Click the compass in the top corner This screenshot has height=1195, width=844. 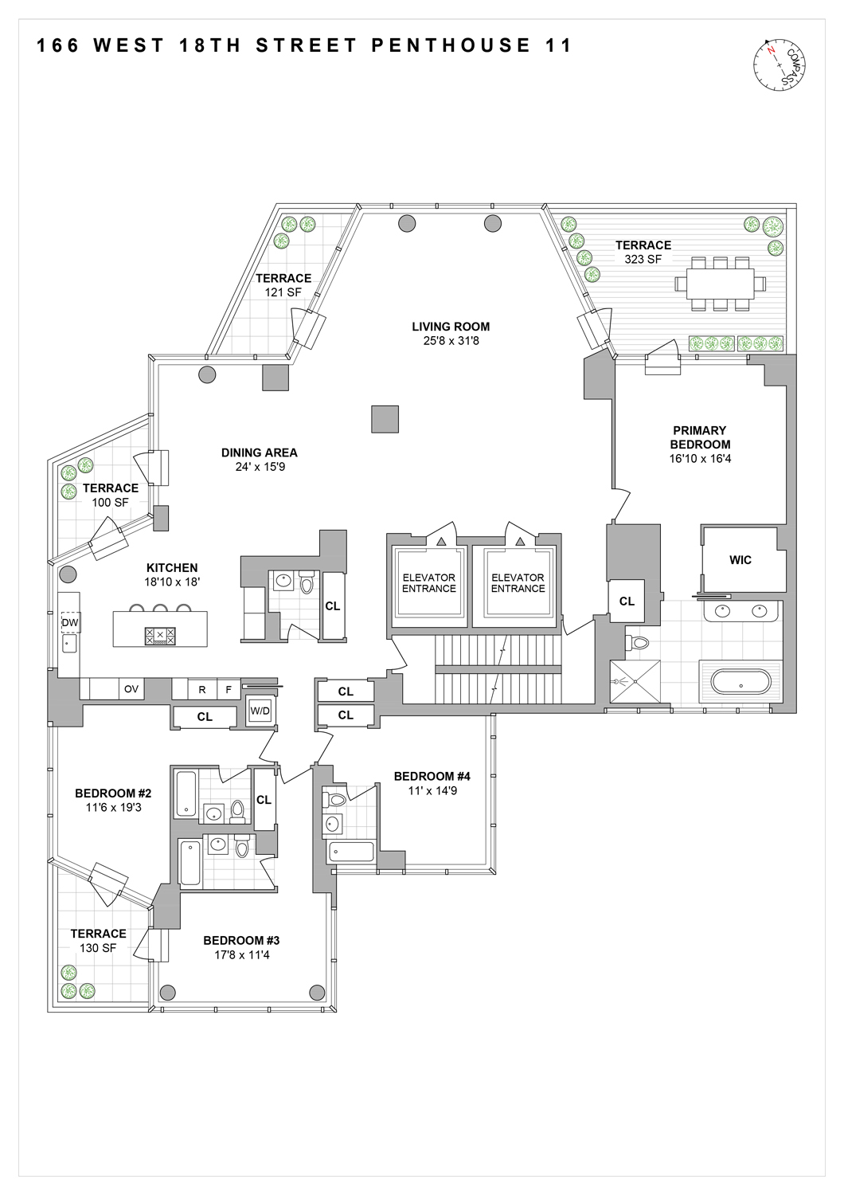(x=778, y=64)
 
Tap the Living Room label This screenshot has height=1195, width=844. (x=451, y=327)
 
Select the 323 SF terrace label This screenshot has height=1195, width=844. (x=643, y=252)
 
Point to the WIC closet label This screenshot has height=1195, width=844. (x=740, y=560)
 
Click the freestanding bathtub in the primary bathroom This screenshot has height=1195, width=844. (x=740, y=682)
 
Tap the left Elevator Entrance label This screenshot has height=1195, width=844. (x=428, y=583)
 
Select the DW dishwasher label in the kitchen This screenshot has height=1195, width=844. (x=70, y=622)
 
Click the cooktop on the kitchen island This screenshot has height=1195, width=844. (x=160, y=636)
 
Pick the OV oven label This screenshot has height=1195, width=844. (x=131, y=689)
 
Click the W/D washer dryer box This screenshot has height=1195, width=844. (x=260, y=711)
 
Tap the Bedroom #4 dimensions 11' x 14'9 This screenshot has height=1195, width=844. (x=432, y=790)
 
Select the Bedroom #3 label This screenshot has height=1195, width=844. (x=241, y=940)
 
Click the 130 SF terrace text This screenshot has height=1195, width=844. (x=98, y=948)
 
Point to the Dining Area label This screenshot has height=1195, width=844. (x=259, y=453)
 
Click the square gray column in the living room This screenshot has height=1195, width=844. (x=385, y=419)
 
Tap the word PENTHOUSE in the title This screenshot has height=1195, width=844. (x=451, y=45)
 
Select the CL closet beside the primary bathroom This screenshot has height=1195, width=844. (x=627, y=601)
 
